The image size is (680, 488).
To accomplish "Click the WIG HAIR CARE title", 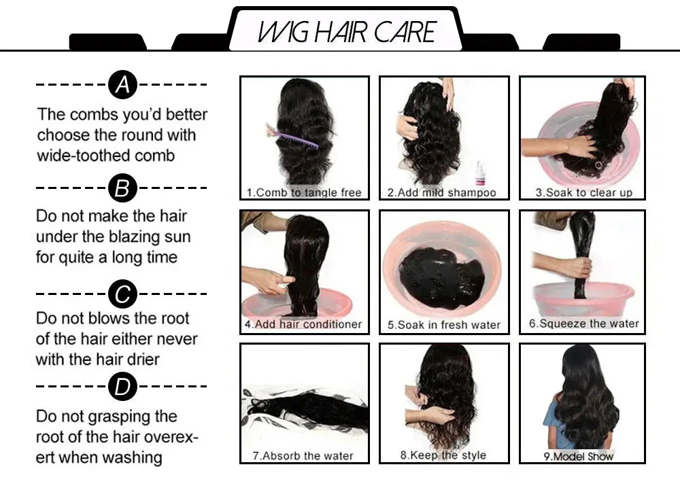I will point(346,32).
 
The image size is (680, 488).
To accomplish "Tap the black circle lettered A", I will point(122,85).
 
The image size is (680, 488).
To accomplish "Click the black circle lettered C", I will point(122,294).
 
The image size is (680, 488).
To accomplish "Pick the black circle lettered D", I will point(122,387).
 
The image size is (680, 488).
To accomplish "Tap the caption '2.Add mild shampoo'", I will point(441,192).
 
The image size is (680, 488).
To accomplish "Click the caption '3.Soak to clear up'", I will point(583,192).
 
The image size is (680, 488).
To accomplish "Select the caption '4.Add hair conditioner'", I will point(303,324).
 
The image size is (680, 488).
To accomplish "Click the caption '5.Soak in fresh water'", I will point(443,325).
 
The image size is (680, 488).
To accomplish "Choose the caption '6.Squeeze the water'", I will point(583,324).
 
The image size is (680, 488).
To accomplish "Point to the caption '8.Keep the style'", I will point(443,455).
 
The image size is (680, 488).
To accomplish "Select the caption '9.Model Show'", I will point(578,456).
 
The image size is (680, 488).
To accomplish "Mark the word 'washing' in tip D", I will point(133,457).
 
